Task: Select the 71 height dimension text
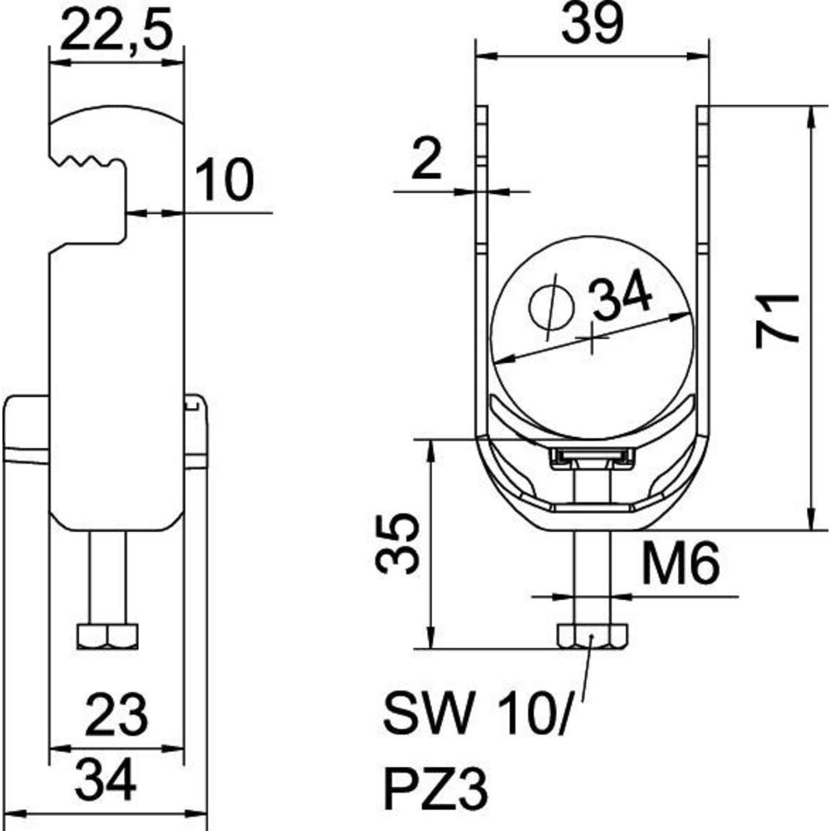[x=777, y=321]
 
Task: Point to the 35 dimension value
[x=397, y=543]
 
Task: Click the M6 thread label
[x=681, y=563]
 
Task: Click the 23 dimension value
[x=116, y=716]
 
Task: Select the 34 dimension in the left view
[x=106, y=780]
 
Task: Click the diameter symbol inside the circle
[x=552, y=307]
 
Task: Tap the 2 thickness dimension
[x=426, y=160]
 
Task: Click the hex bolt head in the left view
[x=107, y=636]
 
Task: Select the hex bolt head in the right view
[x=592, y=636]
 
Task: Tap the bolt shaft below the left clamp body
[x=108, y=577]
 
